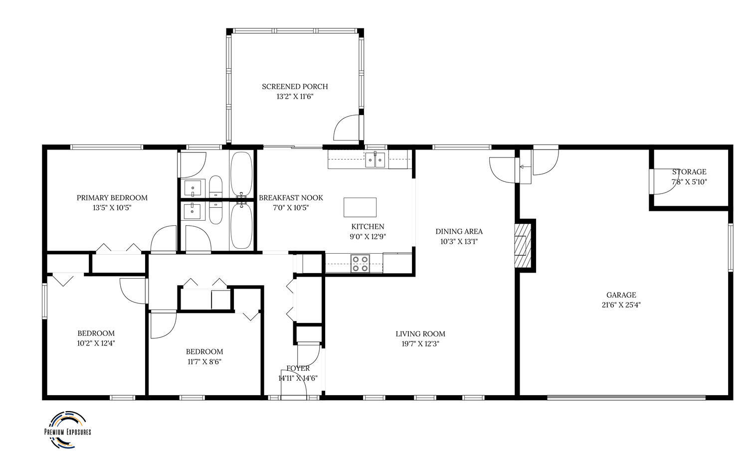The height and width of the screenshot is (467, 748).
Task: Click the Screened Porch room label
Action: click(x=295, y=87)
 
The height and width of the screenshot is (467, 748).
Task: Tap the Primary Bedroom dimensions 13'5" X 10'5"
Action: click(x=112, y=208)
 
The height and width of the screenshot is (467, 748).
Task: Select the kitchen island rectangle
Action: click(x=360, y=207)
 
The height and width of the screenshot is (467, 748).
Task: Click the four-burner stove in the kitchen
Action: click(x=360, y=263)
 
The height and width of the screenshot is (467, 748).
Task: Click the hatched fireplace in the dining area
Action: click(x=523, y=245)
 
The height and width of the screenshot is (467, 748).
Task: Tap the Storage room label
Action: click(x=689, y=172)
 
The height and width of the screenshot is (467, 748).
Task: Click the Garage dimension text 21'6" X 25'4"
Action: click(x=621, y=305)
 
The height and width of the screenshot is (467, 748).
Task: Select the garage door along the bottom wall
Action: click(x=626, y=397)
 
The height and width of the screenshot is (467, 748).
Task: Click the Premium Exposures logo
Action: click(x=68, y=430)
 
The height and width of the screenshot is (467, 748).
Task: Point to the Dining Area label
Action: click(x=459, y=231)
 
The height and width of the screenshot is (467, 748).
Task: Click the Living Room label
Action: click(x=420, y=334)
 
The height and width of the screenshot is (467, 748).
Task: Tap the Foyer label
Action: click(x=298, y=368)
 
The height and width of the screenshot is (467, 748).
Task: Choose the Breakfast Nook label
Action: click(x=291, y=198)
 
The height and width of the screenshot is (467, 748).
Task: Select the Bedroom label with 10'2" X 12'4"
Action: click(x=96, y=333)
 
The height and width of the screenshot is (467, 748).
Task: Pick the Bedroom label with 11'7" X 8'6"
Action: click(x=204, y=352)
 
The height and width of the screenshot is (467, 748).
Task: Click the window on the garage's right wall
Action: click(x=731, y=247)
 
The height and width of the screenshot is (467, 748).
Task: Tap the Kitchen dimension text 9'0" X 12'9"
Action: click(x=368, y=237)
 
